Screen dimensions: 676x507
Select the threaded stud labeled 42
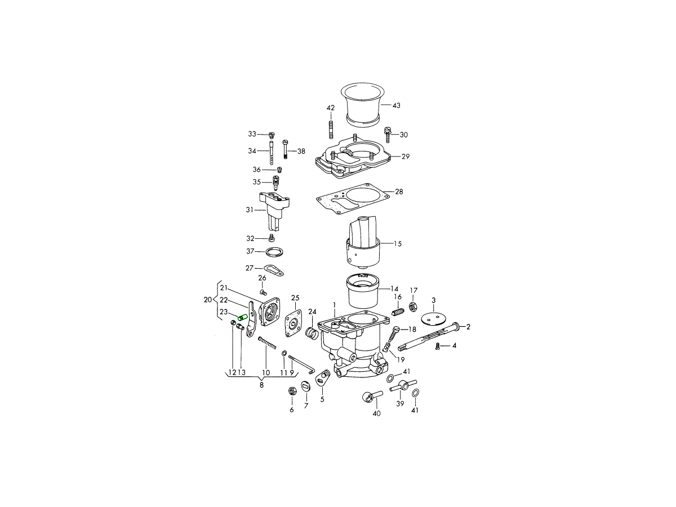(x=331, y=130)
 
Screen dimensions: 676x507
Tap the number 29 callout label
(x=405, y=157)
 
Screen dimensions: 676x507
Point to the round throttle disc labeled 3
(x=433, y=317)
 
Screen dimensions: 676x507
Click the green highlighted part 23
(x=243, y=317)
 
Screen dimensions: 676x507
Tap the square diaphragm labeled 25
(x=295, y=324)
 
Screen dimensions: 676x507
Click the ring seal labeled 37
(x=274, y=252)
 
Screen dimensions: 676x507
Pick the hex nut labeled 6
(x=291, y=392)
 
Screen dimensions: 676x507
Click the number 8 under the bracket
(x=261, y=385)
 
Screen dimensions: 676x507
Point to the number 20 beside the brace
(x=208, y=299)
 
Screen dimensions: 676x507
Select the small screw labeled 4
(x=438, y=346)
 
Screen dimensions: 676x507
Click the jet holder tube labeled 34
(x=272, y=153)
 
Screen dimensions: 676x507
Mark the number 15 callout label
(x=398, y=244)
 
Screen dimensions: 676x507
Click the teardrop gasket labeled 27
(x=274, y=270)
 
